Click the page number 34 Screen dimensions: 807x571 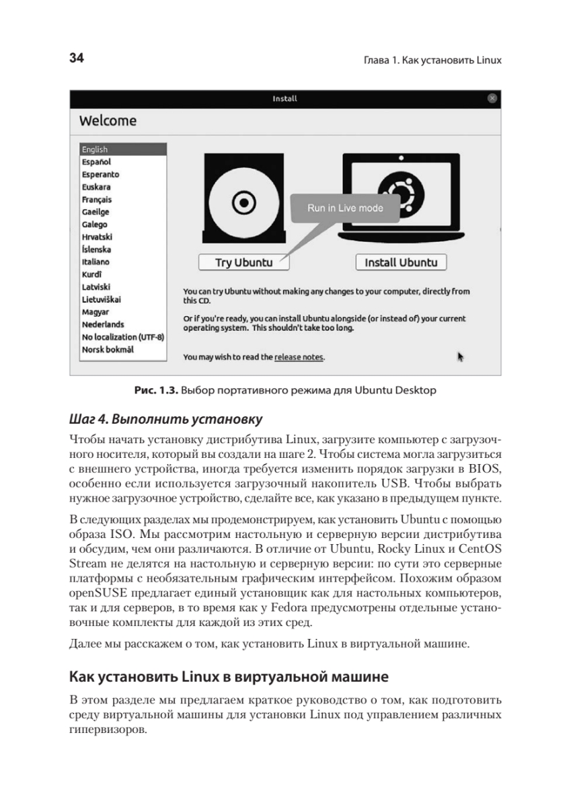coord(76,59)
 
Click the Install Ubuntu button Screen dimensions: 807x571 coord(401,262)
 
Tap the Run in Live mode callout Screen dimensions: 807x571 coord(345,208)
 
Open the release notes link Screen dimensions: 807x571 coord(299,357)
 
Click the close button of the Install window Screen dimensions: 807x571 coord(492,98)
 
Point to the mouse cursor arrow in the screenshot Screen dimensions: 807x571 coord(461,356)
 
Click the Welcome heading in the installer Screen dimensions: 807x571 coord(108,121)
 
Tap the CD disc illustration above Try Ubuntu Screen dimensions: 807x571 coord(240,200)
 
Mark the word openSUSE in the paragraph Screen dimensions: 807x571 coord(94,595)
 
